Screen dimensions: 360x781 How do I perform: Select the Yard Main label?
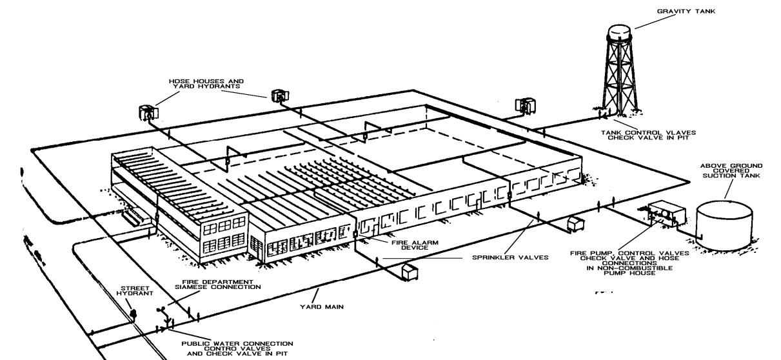[327, 307]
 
